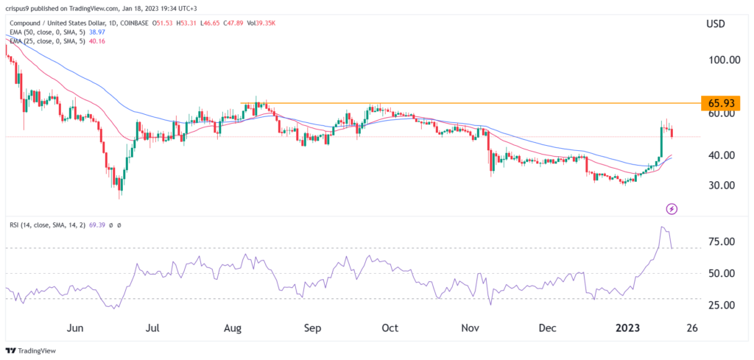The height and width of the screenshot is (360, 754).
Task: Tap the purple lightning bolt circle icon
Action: click(x=672, y=209)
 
